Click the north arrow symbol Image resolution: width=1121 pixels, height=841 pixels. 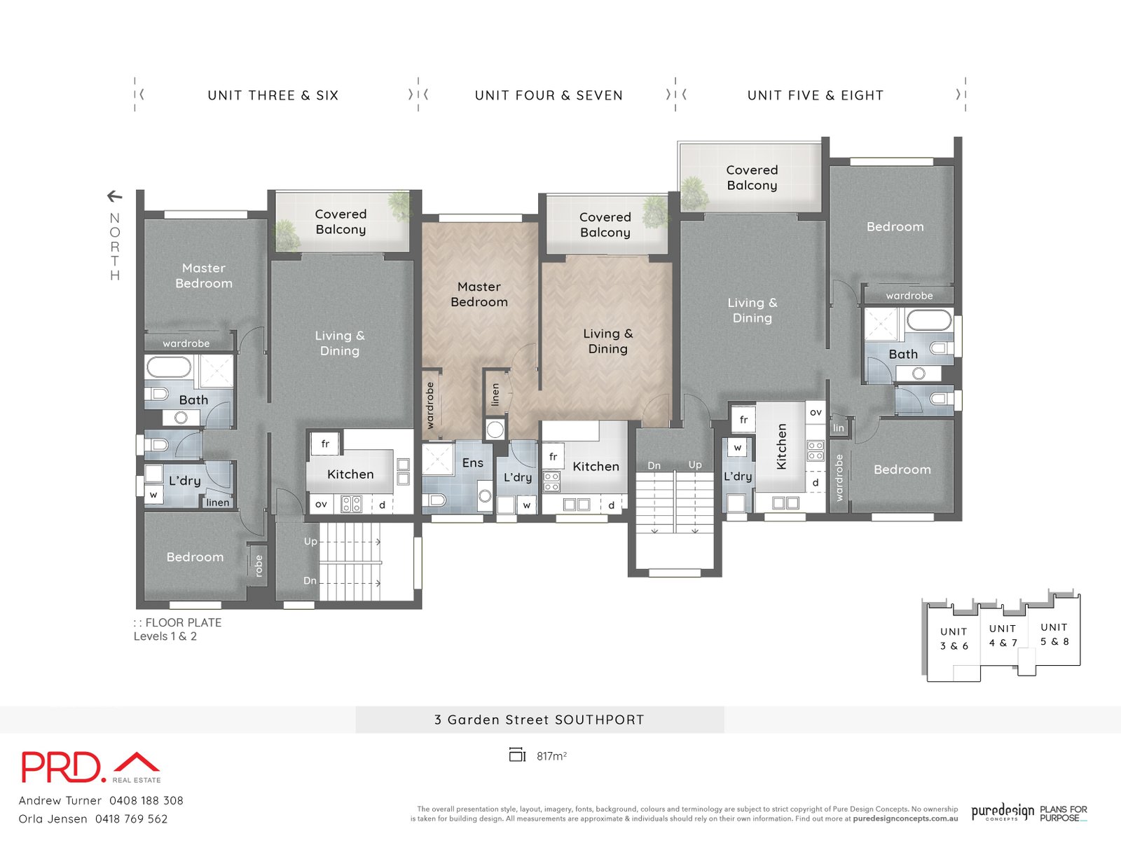(x=115, y=196)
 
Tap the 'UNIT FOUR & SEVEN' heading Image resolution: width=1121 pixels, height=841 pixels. (x=549, y=95)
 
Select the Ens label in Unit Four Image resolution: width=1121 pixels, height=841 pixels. (x=472, y=463)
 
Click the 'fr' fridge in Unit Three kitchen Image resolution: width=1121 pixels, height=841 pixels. (x=325, y=444)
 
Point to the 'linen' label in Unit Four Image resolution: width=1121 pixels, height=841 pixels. (x=495, y=395)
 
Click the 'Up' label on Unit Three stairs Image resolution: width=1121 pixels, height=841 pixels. (x=310, y=541)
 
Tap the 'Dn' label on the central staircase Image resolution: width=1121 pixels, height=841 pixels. (x=654, y=465)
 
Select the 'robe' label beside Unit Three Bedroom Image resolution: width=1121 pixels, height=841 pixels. (x=259, y=565)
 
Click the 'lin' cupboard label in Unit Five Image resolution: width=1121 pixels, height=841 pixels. (x=839, y=428)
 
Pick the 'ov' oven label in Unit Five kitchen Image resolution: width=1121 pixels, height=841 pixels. (x=816, y=412)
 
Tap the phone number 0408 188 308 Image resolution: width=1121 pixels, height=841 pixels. (x=146, y=800)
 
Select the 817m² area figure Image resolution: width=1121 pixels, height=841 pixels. (x=551, y=756)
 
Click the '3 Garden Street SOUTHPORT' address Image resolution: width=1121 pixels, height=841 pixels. (x=539, y=720)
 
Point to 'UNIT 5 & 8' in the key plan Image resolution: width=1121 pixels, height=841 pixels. (x=1054, y=634)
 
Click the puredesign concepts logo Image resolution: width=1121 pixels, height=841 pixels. (x=1002, y=812)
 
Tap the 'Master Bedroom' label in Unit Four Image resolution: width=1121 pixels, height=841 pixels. (x=479, y=294)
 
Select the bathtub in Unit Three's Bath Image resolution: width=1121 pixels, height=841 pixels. (x=169, y=367)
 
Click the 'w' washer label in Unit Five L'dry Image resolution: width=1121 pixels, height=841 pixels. (x=737, y=447)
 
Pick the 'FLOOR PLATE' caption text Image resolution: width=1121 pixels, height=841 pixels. (x=183, y=622)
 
